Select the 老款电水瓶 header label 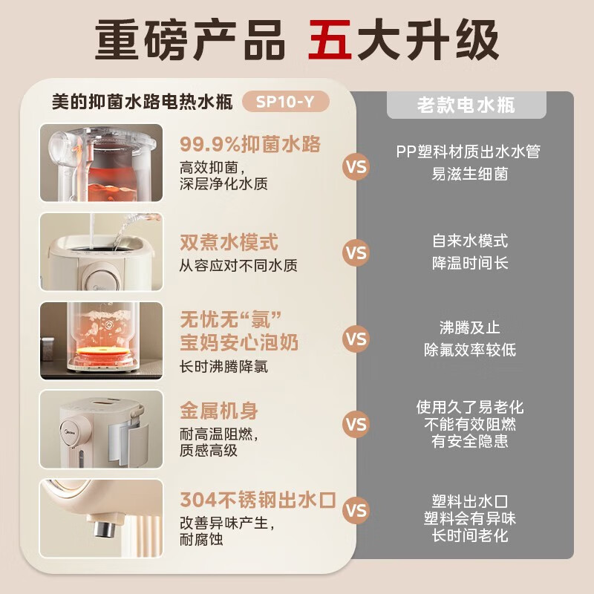[x=466, y=105]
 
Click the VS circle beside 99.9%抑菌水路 [x=356, y=166]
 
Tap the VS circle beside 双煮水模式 [x=356, y=252]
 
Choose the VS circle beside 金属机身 [x=356, y=424]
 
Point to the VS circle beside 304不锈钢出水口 [x=356, y=510]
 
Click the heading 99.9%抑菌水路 [x=250, y=143]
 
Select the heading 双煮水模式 [x=229, y=243]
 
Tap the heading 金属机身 [x=219, y=411]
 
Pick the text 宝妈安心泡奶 [x=239, y=342]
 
